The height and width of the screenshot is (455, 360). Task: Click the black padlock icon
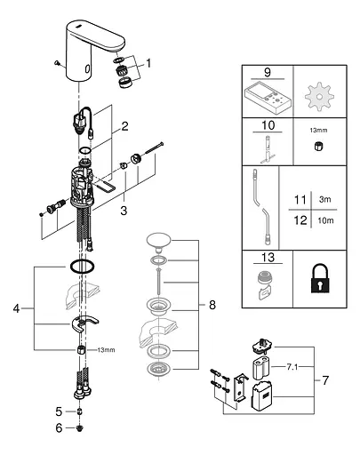point(320,279)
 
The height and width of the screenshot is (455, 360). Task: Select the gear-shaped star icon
point(319,97)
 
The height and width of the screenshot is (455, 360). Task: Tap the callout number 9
point(268,72)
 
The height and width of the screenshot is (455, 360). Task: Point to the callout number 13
point(268,258)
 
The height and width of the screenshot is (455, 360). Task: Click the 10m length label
point(325,220)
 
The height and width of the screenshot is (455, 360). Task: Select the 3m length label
point(325,199)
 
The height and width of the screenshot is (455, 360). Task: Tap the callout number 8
point(212,305)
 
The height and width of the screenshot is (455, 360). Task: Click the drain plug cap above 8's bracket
point(159,240)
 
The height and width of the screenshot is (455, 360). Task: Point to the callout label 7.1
point(292,367)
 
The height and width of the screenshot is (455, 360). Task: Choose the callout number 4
point(16,308)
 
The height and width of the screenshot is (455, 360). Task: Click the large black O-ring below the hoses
point(83,266)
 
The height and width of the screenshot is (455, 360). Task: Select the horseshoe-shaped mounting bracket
point(84,323)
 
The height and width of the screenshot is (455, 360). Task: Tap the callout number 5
point(59,411)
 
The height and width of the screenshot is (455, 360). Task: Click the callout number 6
point(59,427)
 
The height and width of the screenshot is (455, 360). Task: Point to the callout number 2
point(125,126)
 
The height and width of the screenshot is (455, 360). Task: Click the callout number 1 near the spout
point(148,63)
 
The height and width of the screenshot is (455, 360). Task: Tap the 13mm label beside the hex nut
point(106,350)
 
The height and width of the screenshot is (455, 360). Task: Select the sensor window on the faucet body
point(88,69)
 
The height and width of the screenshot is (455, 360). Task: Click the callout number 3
point(124,211)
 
